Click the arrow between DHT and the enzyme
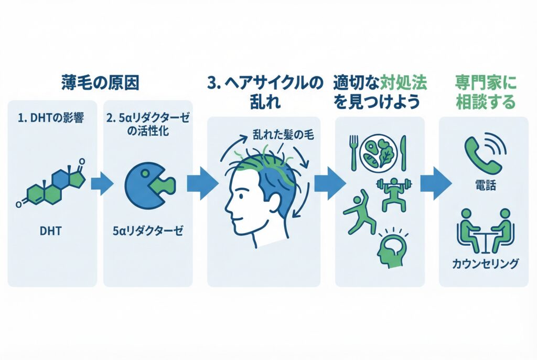[102, 184]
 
